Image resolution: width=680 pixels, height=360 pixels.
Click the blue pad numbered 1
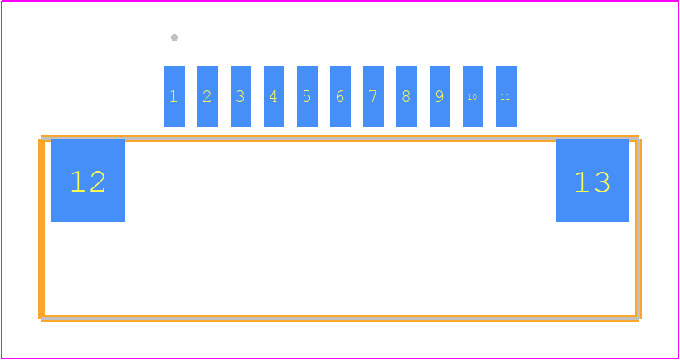[174, 96]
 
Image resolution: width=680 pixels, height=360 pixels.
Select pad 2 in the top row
[207, 96]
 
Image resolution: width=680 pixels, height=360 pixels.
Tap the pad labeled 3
[240, 96]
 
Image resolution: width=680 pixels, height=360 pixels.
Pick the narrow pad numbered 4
[274, 96]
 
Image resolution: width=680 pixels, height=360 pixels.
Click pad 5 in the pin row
[307, 96]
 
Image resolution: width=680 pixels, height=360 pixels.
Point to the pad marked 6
[341, 96]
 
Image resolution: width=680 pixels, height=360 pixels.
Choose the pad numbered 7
[373, 96]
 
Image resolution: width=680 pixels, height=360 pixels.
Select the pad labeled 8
[407, 96]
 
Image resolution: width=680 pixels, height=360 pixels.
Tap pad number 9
[440, 96]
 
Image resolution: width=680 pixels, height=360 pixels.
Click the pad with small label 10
[474, 96]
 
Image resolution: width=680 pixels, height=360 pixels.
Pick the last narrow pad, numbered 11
[506, 96]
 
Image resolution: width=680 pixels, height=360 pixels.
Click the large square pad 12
[88, 180]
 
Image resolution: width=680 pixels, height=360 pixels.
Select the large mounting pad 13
[592, 180]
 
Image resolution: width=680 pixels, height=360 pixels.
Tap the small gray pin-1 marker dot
[174, 37]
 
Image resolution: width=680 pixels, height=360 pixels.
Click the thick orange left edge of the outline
[41, 229]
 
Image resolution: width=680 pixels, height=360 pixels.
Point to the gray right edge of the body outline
[639, 229]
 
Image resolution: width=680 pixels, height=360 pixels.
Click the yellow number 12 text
[88, 182]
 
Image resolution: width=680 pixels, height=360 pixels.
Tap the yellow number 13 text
[592, 182]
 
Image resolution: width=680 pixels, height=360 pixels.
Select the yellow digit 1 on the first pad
[174, 96]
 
